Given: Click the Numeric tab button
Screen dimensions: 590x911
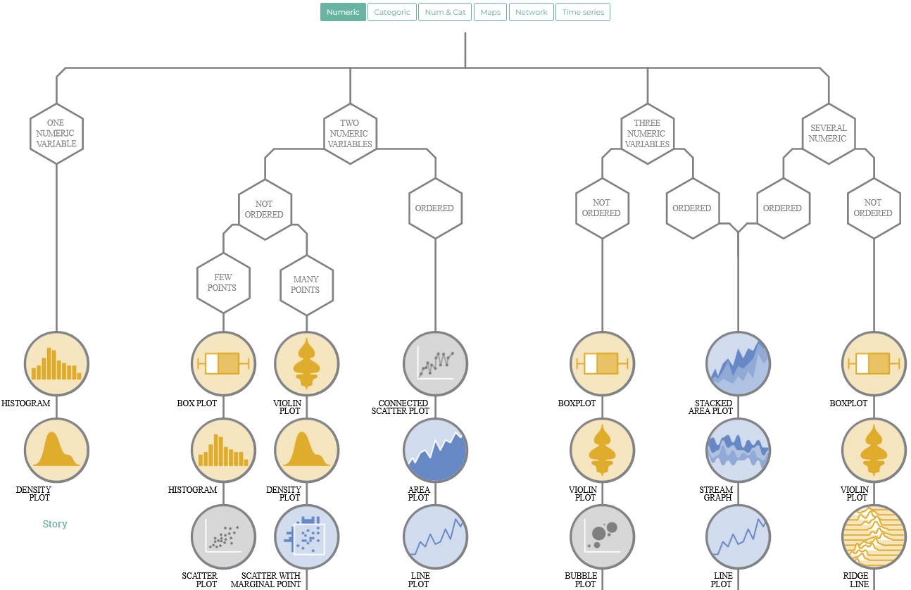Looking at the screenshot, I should (343, 12).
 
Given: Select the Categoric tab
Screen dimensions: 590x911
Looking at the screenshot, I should (391, 12).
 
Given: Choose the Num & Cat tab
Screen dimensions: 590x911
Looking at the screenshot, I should (445, 12).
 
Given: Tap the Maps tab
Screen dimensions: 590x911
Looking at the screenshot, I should (490, 12).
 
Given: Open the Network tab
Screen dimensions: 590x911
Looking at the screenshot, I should (531, 12).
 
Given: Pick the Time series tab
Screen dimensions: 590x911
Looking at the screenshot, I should (582, 12).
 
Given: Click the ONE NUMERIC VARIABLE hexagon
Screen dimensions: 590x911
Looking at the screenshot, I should (56, 133).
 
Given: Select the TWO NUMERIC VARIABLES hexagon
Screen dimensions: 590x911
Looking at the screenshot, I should (351, 133).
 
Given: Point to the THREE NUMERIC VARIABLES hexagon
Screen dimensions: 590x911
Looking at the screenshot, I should (647, 133).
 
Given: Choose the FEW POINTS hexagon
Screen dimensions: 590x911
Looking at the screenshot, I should (223, 282).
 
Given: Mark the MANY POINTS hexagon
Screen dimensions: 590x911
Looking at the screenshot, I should (306, 284).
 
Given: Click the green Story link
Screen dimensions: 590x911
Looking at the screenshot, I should (55, 524).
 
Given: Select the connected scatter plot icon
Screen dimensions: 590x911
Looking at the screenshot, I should (435, 363).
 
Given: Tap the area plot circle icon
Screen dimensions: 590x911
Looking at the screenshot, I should (435, 451).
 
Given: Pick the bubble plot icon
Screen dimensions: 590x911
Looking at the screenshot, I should (602, 536).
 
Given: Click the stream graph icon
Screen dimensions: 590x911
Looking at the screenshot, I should (738, 451).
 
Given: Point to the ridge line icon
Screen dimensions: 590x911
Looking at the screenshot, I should (874, 536).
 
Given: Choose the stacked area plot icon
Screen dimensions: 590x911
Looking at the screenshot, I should (738, 363).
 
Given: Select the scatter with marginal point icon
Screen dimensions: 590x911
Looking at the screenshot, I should (306, 536).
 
